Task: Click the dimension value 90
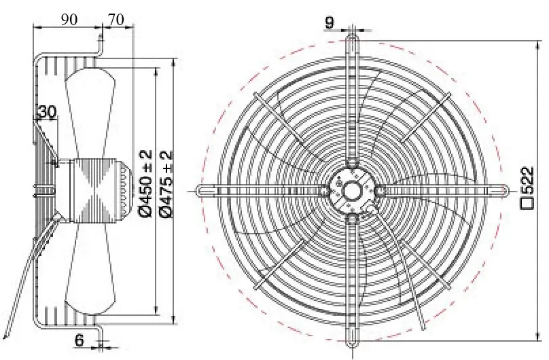(x=69, y=20)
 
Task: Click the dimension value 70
(x=116, y=20)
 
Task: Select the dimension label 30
(x=47, y=112)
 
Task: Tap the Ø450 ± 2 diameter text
(x=146, y=183)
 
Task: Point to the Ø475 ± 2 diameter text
(x=166, y=183)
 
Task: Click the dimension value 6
(x=79, y=340)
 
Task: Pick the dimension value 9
(x=330, y=22)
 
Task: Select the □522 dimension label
(x=527, y=188)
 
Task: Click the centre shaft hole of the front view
(x=351, y=191)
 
